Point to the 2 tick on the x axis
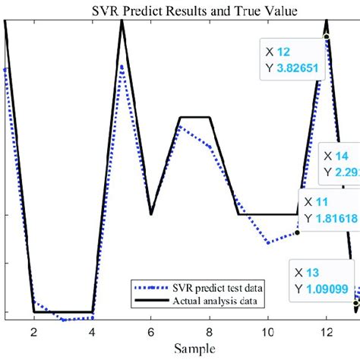[x=33, y=332]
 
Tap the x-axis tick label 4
[x=92, y=332]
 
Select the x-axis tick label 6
[x=151, y=332]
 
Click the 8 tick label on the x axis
[x=210, y=332]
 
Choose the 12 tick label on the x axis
[x=327, y=332]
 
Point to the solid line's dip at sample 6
[x=151, y=214]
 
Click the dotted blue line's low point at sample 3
[x=63, y=320]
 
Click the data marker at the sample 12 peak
[x=327, y=36]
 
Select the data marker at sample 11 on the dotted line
[x=297, y=232]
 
